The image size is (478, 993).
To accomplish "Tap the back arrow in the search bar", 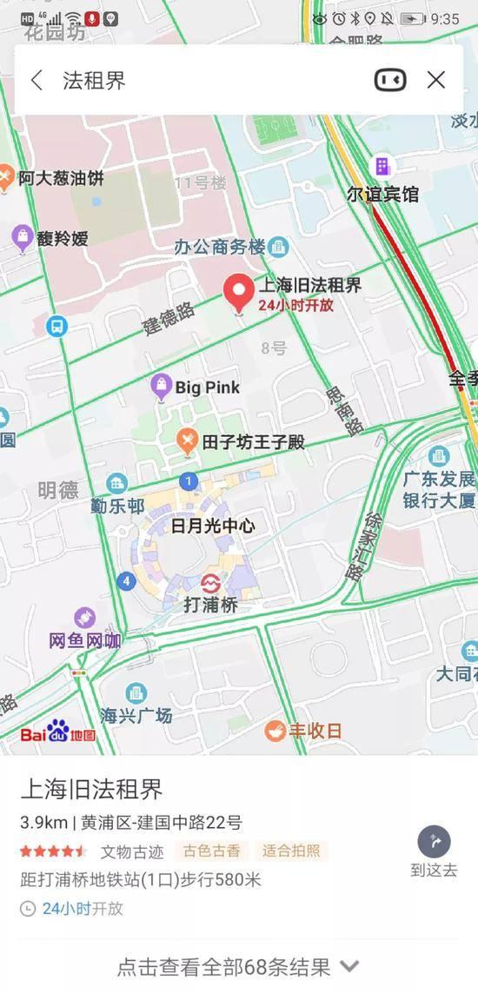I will (x=37, y=81).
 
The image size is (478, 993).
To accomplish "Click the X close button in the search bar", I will (x=436, y=80).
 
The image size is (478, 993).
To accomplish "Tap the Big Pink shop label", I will (x=207, y=387).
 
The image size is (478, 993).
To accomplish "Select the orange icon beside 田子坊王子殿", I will (x=186, y=441).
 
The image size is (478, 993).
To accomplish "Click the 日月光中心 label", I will (x=213, y=526).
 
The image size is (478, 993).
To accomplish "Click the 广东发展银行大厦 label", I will (x=439, y=490).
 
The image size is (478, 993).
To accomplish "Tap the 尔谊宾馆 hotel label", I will (x=382, y=194).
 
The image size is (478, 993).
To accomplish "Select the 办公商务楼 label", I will (x=220, y=247).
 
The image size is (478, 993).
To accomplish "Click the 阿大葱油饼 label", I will (x=61, y=178).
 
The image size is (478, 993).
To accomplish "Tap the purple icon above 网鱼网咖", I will (x=84, y=619).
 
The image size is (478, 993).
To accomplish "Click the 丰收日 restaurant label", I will (x=315, y=731).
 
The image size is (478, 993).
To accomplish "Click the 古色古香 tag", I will (x=210, y=851).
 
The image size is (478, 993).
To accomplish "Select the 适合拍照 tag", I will (x=291, y=851).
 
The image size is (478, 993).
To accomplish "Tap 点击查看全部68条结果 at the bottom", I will (x=238, y=966).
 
